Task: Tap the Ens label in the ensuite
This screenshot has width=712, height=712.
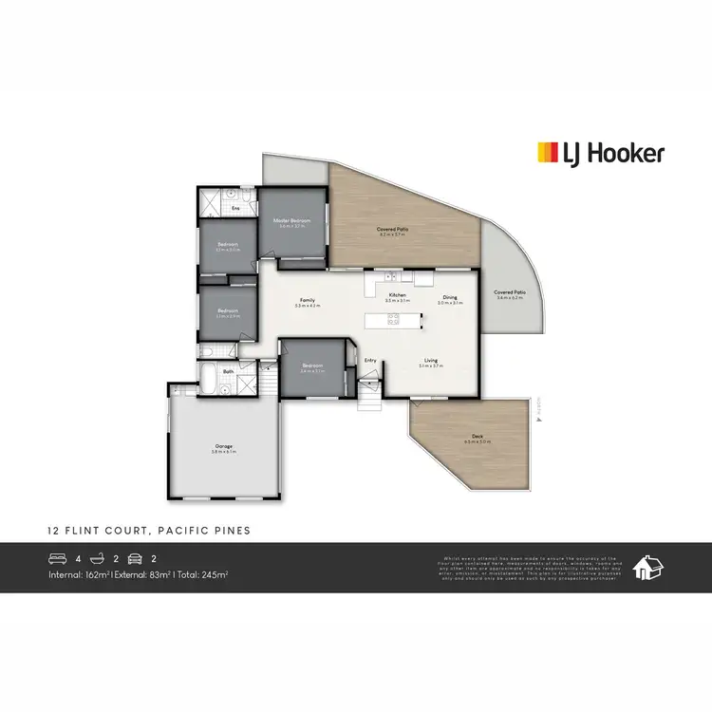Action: [235, 207]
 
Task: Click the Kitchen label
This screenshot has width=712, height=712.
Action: [398, 295]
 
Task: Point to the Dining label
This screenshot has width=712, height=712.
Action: [448, 297]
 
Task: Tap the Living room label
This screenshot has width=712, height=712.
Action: [431, 361]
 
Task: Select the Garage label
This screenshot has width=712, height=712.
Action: [223, 446]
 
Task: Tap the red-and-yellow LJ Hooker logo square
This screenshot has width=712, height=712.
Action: [548, 153]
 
